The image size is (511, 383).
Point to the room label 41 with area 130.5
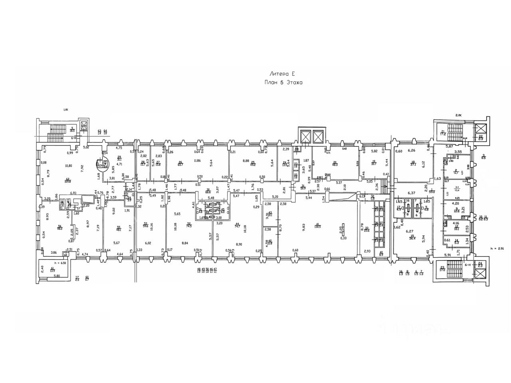pos(317,225)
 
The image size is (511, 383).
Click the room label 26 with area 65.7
pos(180,163)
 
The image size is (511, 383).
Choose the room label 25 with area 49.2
pos(253,163)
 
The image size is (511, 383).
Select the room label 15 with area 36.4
pos(411,238)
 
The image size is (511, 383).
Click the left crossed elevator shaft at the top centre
pos(305,137)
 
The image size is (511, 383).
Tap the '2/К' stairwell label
pos(458,115)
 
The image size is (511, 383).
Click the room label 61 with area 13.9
pos(52,270)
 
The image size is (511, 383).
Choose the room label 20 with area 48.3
pos(335,163)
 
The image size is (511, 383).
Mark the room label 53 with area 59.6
pos(146,225)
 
